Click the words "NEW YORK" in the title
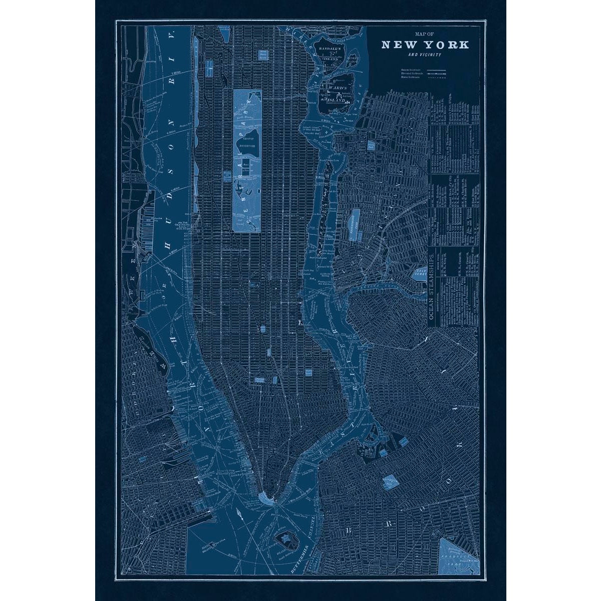425,44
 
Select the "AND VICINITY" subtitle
425,54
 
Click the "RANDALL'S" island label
331,49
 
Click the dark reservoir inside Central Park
247,141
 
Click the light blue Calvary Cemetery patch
419,273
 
